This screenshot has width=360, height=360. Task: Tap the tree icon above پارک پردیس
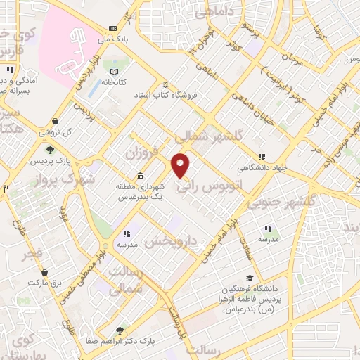(x=50, y=149)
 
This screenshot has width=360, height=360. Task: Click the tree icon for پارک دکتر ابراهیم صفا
(x=120, y=329)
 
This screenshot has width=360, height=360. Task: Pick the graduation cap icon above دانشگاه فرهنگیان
(x=249, y=278)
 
